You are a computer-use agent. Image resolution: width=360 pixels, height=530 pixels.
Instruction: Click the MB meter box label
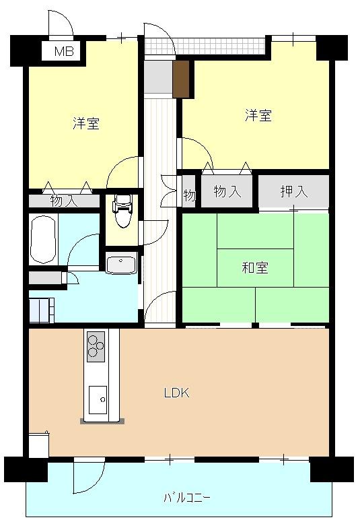coord(64,51)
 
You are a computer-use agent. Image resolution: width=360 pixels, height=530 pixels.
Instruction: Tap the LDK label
coord(176,393)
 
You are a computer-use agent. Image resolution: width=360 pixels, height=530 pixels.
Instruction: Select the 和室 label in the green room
coord(255,268)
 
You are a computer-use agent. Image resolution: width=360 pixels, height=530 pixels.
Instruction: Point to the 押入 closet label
coord(294,192)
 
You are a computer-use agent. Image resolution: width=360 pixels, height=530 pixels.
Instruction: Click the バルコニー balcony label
coord(187,498)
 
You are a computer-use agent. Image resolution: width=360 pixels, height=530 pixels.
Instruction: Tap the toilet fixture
coord(123,210)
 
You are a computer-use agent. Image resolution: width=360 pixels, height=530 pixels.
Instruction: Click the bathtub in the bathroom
coord(43,240)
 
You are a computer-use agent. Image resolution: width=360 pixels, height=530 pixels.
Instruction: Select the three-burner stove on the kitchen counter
coord(96,347)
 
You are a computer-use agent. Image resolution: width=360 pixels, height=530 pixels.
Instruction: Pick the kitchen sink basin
coord(98,400)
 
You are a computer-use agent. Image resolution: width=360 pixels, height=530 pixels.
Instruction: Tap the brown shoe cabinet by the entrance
coord(181,79)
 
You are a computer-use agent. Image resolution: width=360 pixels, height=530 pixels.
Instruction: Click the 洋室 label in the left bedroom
coord(86,123)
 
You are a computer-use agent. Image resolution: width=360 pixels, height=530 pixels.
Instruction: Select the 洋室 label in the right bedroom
coord(258,116)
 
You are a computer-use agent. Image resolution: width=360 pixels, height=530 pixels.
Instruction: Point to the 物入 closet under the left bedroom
coord(64,201)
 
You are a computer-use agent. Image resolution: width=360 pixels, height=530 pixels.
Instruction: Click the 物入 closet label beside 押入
coord(227,192)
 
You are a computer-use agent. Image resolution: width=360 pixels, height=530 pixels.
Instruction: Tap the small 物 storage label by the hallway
coord(190,195)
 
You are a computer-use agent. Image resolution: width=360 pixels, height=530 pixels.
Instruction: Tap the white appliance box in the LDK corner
coord(39,446)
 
